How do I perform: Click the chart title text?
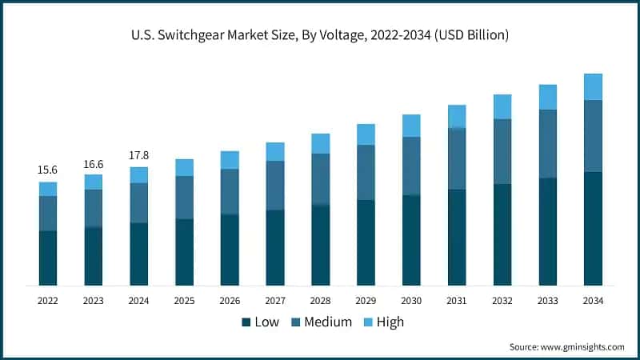[x=320, y=35]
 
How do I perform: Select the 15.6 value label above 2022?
[x=48, y=170]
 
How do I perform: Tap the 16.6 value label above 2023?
[x=94, y=163]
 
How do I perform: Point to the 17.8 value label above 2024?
[x=139, y=155]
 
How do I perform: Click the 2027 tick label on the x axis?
[x=275, y=301]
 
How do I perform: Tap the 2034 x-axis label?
[x=593, y=301]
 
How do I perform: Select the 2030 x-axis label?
[x=411, y=301]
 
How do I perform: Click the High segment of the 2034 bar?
[x=593, y=86]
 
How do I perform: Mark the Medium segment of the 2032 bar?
[x=502, y=152]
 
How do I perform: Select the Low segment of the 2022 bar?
[x=48, y=258]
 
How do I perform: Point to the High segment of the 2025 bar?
[x=185, y=167]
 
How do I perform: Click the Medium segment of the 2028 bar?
[x=321, y=179]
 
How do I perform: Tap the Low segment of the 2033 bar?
[x=548, y=232]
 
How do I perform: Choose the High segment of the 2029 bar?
[x=366, y=134]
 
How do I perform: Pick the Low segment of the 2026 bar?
[x=230, y=250]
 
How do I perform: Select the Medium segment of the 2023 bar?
[x=94, y=208]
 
